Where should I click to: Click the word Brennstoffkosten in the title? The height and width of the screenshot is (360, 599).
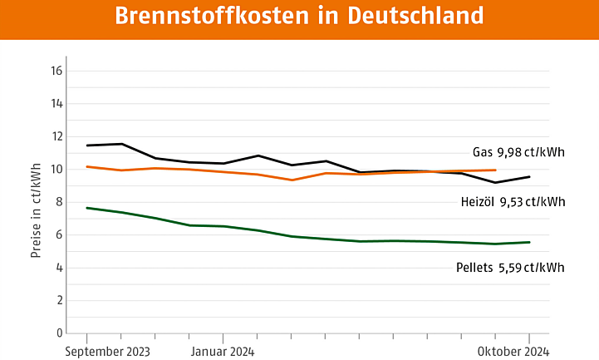point(218,17)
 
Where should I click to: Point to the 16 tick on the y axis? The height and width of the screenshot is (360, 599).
point(56,72)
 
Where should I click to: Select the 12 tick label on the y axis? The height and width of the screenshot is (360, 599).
point(56,137)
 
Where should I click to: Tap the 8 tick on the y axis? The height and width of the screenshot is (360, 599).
point(58,202)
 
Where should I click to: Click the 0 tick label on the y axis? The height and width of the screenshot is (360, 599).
point(58,333)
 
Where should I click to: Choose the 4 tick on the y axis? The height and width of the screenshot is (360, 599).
point(58,268)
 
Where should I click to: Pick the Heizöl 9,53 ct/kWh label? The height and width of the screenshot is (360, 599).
point(513,202)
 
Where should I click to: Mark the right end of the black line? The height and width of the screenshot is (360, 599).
point(529,176)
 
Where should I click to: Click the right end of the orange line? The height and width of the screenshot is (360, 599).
point(496,170)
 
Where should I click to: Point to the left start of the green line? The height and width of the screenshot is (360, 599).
point(87,208)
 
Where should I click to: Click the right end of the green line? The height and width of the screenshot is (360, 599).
point(529,242)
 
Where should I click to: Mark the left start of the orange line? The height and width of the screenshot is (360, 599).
point(87,166)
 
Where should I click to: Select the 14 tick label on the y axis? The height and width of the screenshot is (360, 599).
point(56,104)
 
